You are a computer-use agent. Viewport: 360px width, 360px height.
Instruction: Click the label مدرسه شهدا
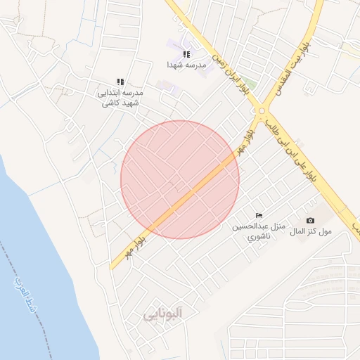(x=186, y=65)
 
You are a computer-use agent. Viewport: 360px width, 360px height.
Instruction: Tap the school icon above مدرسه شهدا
(x=186, y=54)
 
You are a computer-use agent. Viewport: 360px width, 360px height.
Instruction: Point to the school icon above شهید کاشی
(x=120, y=82)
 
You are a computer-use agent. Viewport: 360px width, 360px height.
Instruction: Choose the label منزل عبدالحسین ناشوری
(x=258, y=231)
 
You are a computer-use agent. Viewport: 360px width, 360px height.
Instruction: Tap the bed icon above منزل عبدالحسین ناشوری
(x=259, y=215)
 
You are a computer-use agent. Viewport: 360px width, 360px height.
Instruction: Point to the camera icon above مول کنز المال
(x=311, y=220)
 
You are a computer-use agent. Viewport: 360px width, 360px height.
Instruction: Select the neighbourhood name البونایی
(x=162, y=314)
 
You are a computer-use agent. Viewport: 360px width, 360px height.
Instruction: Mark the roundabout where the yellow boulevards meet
(x=262, y=110)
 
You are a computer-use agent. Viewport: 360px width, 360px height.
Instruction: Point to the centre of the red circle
(x=180, y=179)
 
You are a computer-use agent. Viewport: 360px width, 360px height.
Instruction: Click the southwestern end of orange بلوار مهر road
(x=112, y=267)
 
